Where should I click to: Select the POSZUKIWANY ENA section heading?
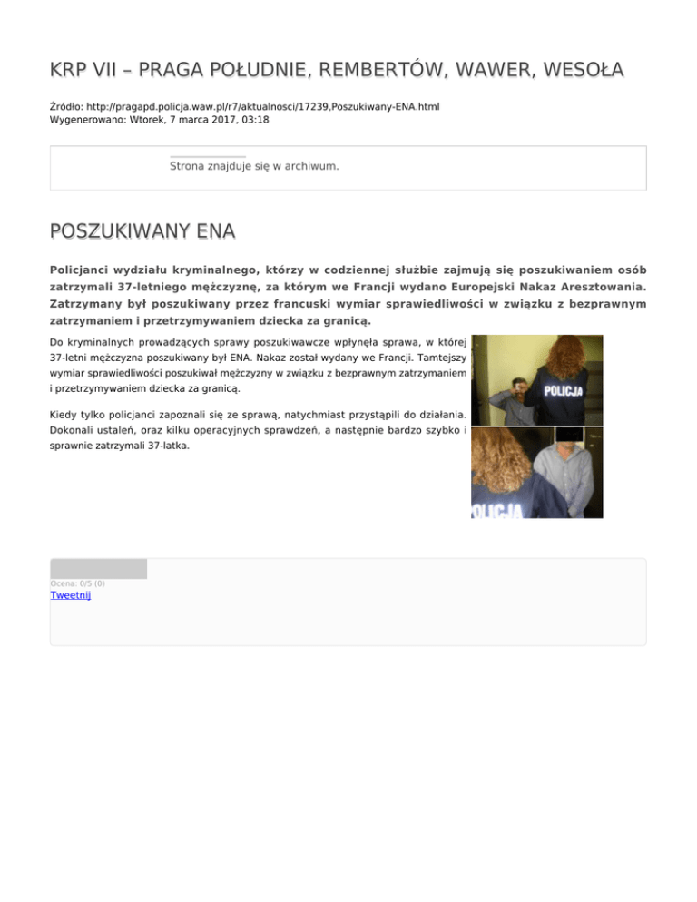click(142, 233)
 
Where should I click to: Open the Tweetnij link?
click(71, 595)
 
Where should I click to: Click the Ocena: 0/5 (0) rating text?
click(77, 583)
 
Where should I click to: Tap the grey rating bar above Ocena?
click(98, 569)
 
